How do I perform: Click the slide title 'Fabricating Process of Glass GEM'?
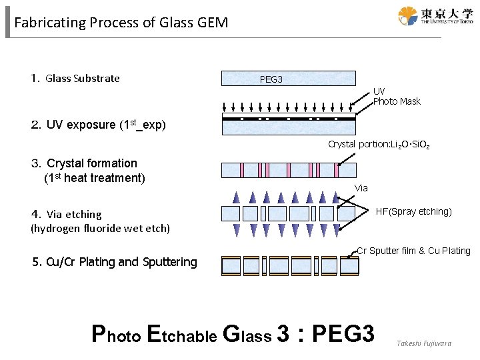coord(121,23)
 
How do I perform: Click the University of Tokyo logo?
coord(435,16)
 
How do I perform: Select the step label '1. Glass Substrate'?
coord(75,79)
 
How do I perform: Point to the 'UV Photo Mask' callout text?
coord(397,96)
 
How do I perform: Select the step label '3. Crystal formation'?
coord(85,163)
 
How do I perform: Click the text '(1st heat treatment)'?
coord(94,178)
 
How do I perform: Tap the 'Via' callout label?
coord(361,188)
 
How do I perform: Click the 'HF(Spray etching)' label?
coord(413,211)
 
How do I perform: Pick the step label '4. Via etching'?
coord(67,214)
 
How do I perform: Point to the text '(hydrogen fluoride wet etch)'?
coord(101,229)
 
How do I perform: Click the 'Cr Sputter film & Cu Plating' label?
coord(413,251)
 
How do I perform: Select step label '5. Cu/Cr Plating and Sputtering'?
coord(115,262)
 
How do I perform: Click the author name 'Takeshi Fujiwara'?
coord(424,343)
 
